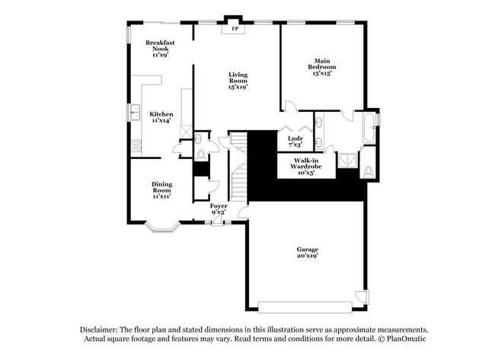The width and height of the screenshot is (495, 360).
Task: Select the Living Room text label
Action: click(x=238, y=80)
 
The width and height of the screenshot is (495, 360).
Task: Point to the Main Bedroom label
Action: click(x=322, y=65)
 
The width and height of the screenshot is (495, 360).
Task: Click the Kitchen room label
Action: click(x=161, y=116)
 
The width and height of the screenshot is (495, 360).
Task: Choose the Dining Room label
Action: click(x=161, y=189)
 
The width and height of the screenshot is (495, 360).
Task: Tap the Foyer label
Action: click(x=219, y=209)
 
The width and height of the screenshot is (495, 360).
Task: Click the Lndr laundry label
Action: click(x=295, y=141)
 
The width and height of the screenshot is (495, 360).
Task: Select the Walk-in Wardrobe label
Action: click(x=303, y=166)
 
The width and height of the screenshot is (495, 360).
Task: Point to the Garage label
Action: click(x=308, y=252)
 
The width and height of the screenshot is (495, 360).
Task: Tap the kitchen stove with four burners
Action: click(x=136, y=146)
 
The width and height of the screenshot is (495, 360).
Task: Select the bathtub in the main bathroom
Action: click(x=369, y=129)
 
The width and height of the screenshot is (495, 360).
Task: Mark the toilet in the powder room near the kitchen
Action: click(x=201, y=155)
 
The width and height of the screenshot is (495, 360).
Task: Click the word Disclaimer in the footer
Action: click(x=103, y=330)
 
